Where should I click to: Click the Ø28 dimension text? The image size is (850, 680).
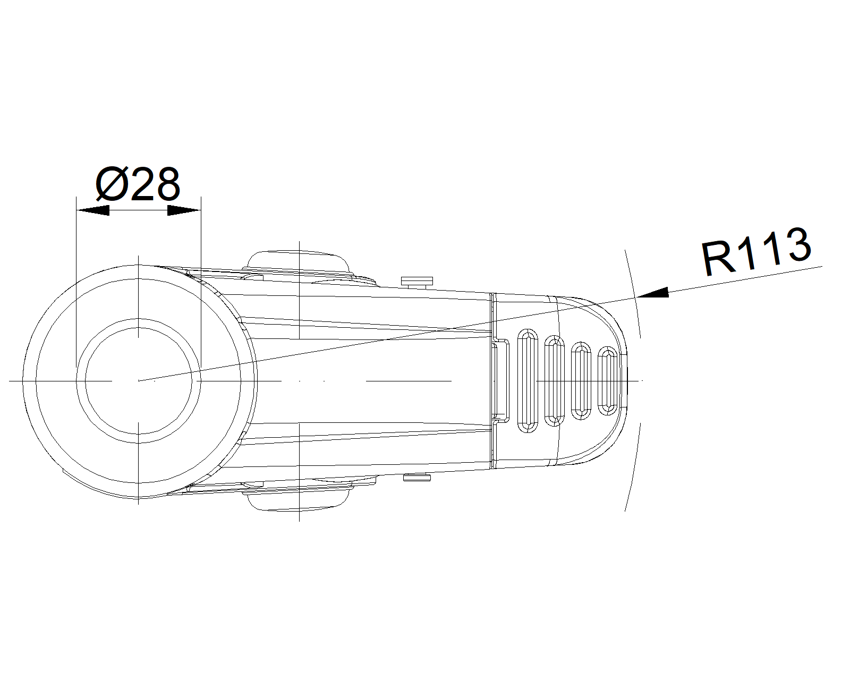[x=138, y=184]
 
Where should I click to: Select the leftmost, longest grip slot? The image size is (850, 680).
[x=527, y=380]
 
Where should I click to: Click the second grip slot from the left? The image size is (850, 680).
[x=554, y=380]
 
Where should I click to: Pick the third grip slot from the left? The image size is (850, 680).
[x=580, y=380]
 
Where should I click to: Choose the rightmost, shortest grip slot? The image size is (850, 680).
[x=607, y=380]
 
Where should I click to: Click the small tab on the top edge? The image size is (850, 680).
[x=418, y=281]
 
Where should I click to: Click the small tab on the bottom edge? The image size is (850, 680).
[x=417, y=478]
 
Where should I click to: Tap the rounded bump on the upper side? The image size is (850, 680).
[x=299, y=261]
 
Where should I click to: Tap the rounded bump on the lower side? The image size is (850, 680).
[x=299, y=499]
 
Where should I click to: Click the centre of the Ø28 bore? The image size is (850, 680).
[x=139, y=380]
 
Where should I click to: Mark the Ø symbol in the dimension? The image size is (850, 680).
[x=111, y=185]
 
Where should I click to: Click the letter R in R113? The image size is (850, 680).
[x=715, y=259]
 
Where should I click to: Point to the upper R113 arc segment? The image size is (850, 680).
[x=634, y=292]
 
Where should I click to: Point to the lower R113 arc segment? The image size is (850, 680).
[x=634, y=467]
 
